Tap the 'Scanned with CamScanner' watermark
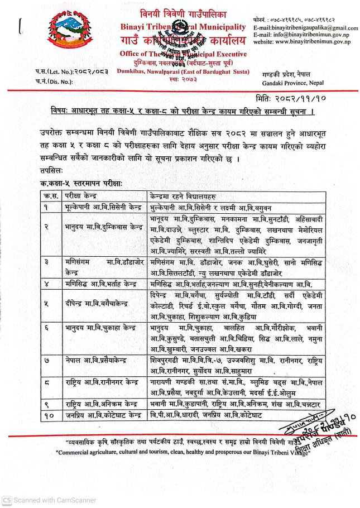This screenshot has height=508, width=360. pyautogui.click(x=49, y=500)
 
